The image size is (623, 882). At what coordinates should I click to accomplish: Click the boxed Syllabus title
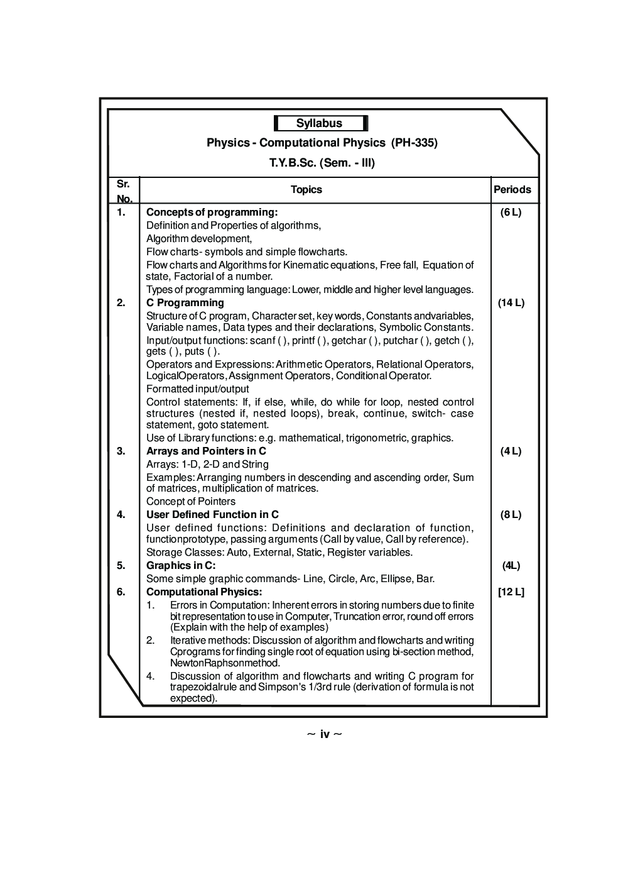coord(320,123)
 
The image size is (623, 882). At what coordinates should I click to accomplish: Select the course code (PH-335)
coord(414,143)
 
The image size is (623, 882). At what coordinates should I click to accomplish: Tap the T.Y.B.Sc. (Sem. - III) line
coord(322,163)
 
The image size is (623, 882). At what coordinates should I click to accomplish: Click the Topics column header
coord(306,190)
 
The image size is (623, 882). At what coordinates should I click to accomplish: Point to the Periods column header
coord(512,190)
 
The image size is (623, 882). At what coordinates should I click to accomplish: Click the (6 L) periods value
coord(511,212)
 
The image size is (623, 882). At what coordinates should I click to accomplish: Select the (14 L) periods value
coord(511,303)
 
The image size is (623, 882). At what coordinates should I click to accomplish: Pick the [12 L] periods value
coord(511,592)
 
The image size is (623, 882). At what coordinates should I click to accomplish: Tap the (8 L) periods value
coord(511,515)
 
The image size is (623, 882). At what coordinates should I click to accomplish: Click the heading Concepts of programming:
coord(212,212)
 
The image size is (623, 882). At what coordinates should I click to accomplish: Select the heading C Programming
coord(185,303)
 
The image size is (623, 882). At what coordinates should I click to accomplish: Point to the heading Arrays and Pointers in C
coord(206,451)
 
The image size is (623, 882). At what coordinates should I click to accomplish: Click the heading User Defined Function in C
coord(212,515)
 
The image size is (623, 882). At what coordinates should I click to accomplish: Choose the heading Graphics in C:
coord(181,566)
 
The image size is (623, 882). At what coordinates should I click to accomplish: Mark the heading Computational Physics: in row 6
coord(204,592)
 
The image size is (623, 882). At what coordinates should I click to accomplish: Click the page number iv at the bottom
coord(325,734)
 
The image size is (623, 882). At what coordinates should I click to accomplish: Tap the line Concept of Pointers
coord(191,502)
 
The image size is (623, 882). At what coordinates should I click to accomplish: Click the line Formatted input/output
coord(198,389)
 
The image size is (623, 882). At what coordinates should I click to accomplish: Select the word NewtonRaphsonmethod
coord(225,663)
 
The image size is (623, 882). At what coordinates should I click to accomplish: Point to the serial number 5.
coord(121,566)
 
